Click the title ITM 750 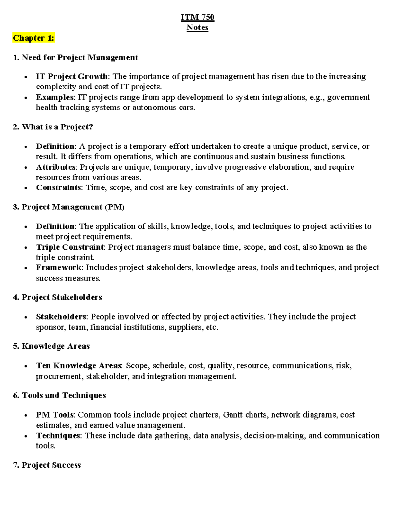197,17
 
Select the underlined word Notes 197,28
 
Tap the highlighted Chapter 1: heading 33,38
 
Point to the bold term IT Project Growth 72,77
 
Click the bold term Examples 55,97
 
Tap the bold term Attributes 55,167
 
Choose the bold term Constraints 59,187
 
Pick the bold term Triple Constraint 70,247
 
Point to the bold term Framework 59,267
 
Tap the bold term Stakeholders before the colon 61,317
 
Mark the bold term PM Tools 55,415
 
